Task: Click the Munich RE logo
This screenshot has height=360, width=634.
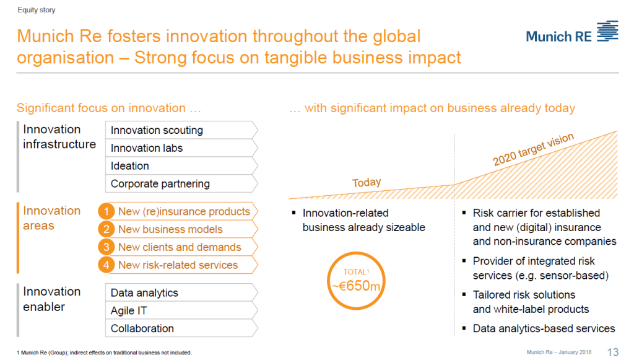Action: click(571, 32)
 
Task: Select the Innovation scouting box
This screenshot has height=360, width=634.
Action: click(181, 130)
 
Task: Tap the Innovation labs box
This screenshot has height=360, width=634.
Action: click(181, 148)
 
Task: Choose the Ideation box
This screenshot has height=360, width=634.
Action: click(181, 166)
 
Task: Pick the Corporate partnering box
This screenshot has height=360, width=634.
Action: click(181, 183)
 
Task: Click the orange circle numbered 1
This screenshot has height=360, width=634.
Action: click(106, 211)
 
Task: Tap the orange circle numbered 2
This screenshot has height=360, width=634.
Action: click(106, 229)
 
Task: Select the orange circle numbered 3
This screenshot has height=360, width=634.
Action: click(106, 247)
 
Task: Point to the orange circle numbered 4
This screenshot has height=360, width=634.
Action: click(106, 265)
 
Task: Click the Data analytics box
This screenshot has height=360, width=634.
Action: click(181, 292)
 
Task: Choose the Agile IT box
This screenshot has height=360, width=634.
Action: click(181, 310)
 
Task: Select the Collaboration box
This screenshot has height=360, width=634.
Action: click(181, 328)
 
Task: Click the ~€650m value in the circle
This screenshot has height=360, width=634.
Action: click(356, 286)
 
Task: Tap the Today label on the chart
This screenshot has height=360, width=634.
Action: click(367, 182)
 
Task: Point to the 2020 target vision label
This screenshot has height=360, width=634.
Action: click(533, 149)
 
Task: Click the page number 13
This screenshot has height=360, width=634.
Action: click(613, 352)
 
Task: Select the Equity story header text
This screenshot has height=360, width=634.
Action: click(37, 10)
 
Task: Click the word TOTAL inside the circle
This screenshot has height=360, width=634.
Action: click(355, 272)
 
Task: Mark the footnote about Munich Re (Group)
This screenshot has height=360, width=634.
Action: click(104, 353)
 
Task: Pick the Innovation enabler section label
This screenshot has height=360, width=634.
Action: click(52, 299)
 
